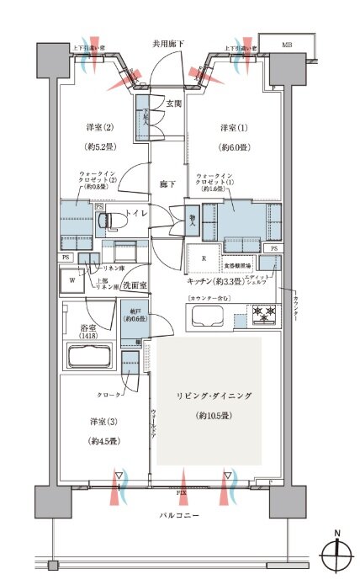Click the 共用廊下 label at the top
coord(167,43)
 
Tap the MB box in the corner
coord(287,45)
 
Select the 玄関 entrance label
coord(173,104)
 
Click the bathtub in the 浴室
coord(93,353)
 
